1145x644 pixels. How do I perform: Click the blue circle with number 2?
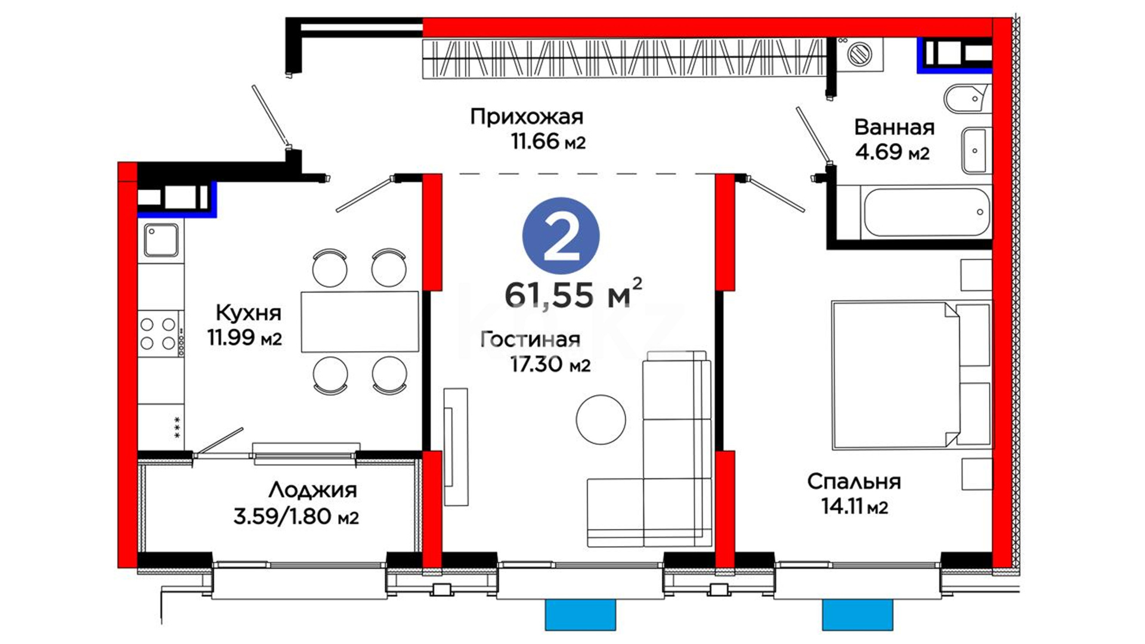click(561, 236)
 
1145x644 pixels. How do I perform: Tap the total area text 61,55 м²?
click(573, 293)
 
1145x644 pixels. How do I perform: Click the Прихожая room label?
click(527, 116)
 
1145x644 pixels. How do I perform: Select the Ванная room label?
click(894, 127)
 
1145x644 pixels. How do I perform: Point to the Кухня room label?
click(248, 312)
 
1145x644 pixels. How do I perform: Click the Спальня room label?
click(854, 481)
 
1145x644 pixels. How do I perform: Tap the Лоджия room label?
click(312, 490)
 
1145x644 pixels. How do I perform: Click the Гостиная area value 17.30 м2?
click(550, 364)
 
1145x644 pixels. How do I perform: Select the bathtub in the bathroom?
click(927, 212)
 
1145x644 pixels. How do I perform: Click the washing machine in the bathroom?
click(859, 54)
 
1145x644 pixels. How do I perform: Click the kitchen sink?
click(161, 240)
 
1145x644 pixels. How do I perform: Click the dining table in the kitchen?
click(360, 322)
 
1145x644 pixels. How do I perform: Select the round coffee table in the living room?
click(601, 419)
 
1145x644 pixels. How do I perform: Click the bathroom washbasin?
click(976, 150)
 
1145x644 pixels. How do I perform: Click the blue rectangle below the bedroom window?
click(857, 615)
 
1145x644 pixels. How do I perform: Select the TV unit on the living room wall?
click(456, 447)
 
